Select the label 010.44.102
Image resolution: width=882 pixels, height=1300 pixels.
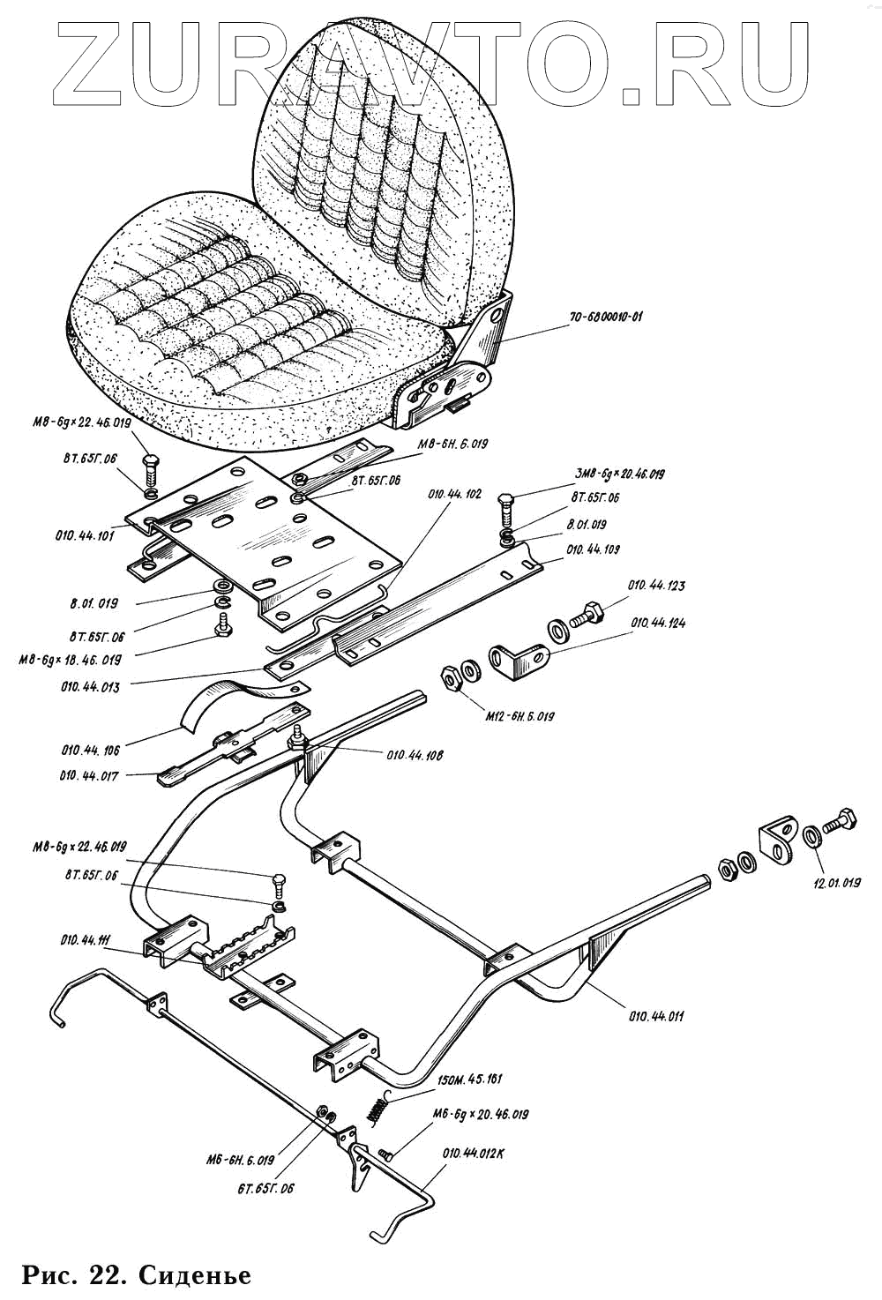pyautogui.click(x=454, y=495)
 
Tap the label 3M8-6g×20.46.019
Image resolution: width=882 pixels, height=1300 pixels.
pyautogui.click(x=619, y=474)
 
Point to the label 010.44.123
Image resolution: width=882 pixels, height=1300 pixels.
pyautogui.click(x=656, y=586)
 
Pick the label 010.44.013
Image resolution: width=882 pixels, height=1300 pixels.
pyautogui.click(x=92, y=686)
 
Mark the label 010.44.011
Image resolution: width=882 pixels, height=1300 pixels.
pyautogui.click(x=657, y=1016)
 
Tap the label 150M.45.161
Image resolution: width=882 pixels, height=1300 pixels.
pyautogui.click(x=470, y=1080)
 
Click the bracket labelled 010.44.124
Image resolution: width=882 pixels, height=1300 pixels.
pyautogui.click(x=519, y=659)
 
